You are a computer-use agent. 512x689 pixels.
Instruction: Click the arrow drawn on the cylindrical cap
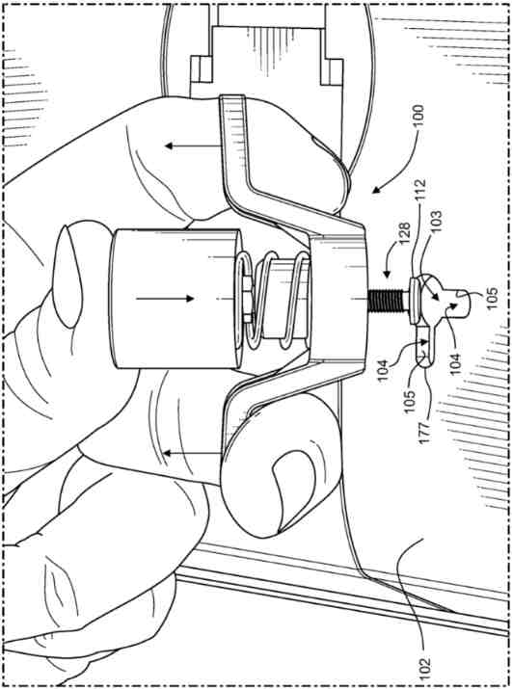pos(165,299)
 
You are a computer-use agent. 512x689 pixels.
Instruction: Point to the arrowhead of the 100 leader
pos(376,190)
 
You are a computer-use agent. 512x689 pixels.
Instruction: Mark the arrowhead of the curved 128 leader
pos(387,275)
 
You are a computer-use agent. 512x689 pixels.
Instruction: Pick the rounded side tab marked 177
pos(423,347)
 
